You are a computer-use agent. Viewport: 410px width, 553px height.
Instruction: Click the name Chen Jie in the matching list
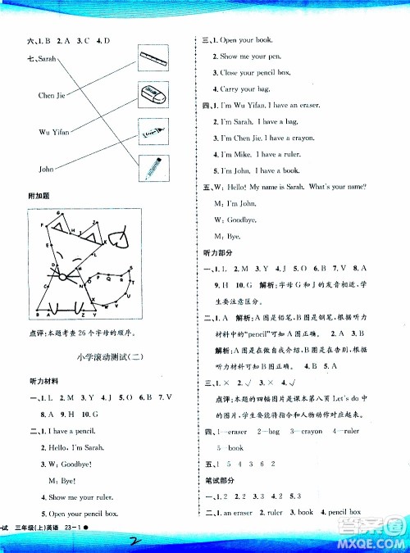52,96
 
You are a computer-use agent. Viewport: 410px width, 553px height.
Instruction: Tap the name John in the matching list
48,169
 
